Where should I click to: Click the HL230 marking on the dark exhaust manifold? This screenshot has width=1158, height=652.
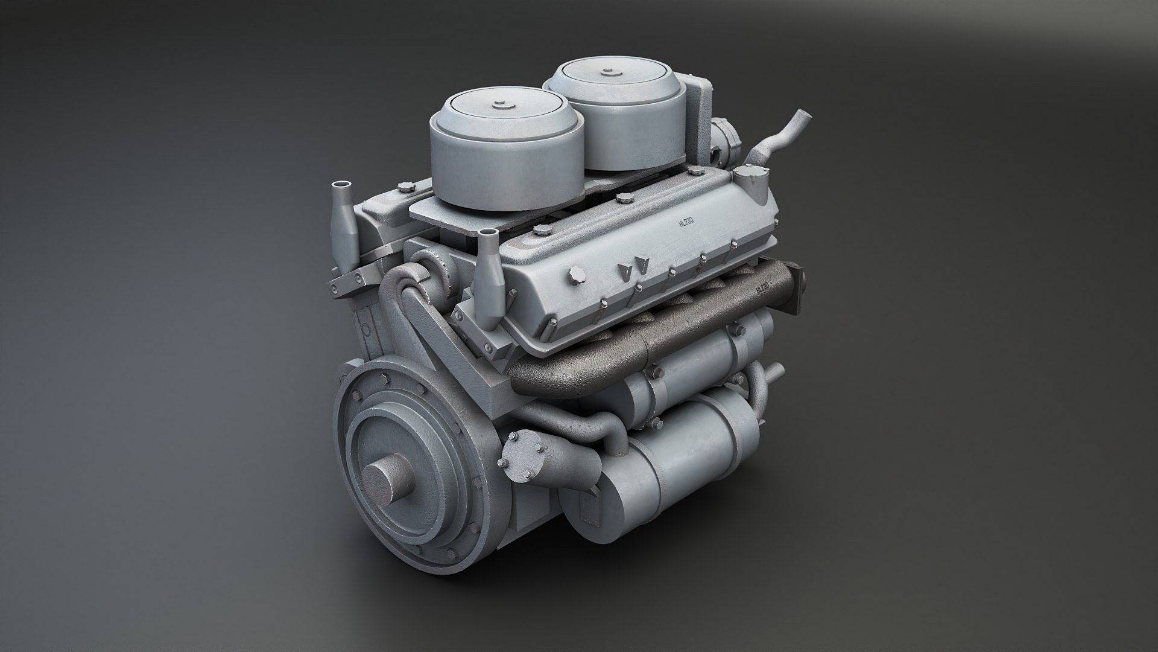pyautogui.click(x=763, y=289)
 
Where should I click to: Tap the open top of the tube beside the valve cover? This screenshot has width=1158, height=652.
pyautogui.click(x=488, y=233)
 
